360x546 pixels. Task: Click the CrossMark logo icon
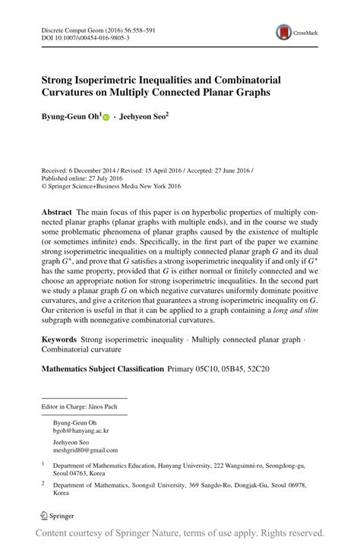pyautogui.click(x=285, y=31)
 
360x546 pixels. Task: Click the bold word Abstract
pyautogui.click(x=58, y=210)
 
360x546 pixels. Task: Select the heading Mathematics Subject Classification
pyautogui.click(x=103, y=368)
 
